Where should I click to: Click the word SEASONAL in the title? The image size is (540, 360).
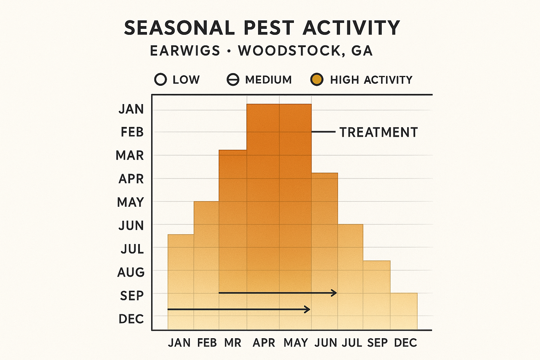click(179, 28)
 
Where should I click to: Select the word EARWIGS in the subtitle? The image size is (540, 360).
click(185, 51)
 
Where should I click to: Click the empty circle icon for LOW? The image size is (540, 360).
click(160, 80)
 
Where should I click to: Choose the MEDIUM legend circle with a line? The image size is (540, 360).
click(233, 80)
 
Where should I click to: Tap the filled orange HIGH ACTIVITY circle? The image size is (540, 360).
click(317, 80)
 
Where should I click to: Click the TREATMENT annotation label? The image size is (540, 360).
click(378, 133)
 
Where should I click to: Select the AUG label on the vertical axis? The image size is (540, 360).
click(131, 272)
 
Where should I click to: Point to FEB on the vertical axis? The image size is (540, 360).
click(132, 133)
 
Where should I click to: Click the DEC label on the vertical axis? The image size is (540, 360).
click(131, 319)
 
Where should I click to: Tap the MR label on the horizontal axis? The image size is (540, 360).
click(233, 343)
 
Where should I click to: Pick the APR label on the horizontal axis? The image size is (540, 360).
click(264, 343)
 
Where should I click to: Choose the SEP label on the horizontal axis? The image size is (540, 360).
click(377, 343)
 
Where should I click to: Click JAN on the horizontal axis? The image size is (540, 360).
click(179, 343)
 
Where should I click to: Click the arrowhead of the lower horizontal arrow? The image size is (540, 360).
click(307, 309)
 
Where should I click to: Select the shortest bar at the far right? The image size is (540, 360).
click(404, 311)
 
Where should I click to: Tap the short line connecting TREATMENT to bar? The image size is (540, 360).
click(323, 132)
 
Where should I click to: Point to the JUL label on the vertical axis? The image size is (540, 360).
click(132, 249)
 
